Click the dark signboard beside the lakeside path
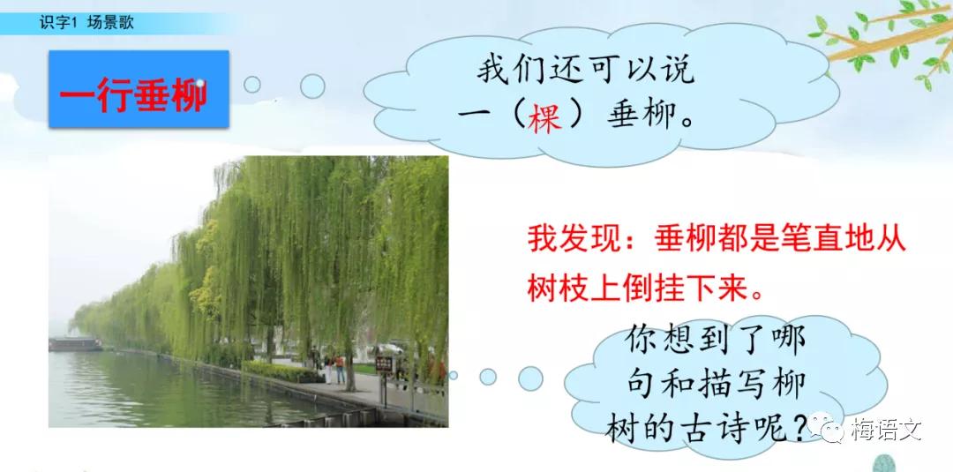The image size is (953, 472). click(384, 364)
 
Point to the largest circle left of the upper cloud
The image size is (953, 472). click(312, 86)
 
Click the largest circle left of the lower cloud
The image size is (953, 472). click(529, 378)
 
